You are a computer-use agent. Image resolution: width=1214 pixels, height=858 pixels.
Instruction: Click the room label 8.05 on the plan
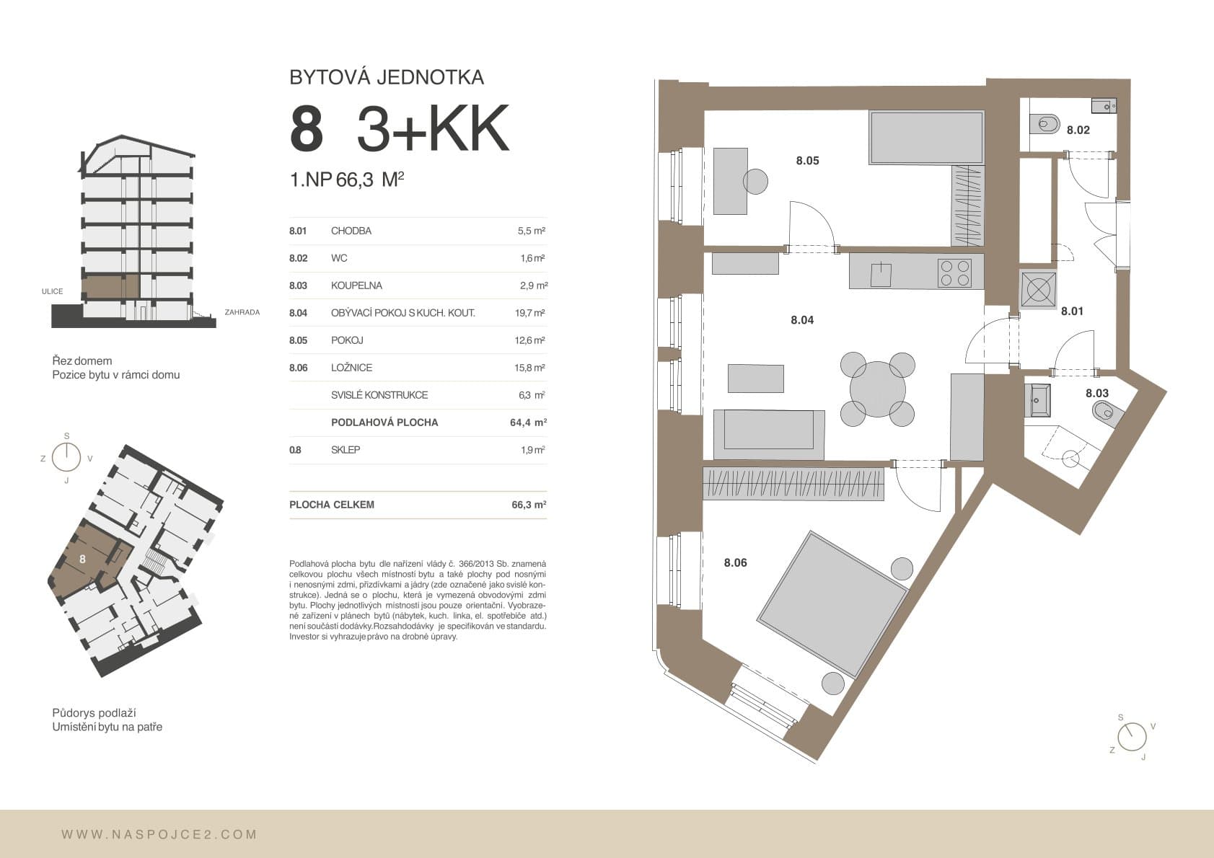[807, 160]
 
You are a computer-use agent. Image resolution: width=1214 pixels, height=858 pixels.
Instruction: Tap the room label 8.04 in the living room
[802, 320]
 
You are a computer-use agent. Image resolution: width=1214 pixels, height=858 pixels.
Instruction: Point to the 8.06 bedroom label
[736, 563]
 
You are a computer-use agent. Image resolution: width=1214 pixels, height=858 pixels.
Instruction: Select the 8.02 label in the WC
[1078, 130]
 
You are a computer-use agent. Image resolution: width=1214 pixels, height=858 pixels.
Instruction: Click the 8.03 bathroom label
[1097, 393]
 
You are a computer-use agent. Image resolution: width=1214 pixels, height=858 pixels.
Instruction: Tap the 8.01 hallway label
[1072, 311]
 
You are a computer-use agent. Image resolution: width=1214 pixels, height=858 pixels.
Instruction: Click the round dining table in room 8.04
[877, 389]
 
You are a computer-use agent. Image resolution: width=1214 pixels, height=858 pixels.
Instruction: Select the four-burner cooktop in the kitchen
[954, 273]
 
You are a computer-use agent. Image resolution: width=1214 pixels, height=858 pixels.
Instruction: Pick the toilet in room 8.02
[1044, 124]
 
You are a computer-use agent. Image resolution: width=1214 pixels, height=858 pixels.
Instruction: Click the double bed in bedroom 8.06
[832, 604]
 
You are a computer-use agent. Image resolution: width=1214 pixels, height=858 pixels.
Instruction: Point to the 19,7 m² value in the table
[530, 312]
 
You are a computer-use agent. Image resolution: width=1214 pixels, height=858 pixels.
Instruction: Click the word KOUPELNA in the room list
[356, 286]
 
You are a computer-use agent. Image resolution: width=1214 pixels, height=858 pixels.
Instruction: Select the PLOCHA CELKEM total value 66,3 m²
[529, 504]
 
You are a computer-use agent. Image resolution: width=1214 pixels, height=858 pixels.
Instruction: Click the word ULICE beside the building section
[53, 291]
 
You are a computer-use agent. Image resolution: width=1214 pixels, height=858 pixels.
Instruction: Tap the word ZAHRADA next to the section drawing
[242, 312]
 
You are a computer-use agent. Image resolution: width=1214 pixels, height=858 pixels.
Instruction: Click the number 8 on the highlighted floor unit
[82, 559]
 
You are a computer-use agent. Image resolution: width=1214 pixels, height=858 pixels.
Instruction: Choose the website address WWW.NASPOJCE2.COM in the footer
[159, 834]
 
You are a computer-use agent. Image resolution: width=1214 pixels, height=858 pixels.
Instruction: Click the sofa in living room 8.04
[769, 435]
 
